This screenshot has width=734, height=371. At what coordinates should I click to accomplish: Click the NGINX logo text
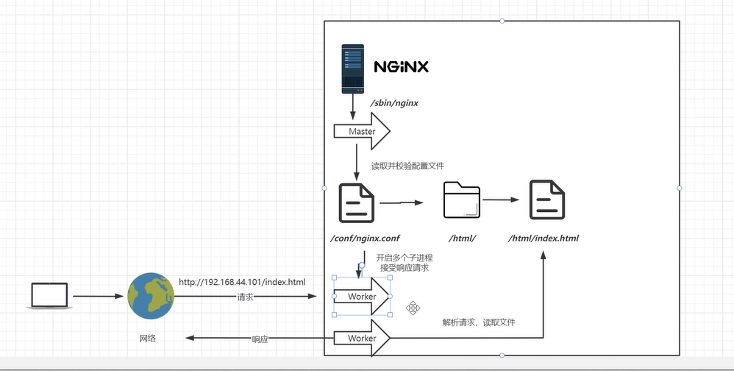(x=401, y=67)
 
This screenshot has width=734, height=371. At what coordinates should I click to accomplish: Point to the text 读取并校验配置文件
(x=407, y=166)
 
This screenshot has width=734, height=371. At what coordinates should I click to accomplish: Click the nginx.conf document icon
(x=356, y=202)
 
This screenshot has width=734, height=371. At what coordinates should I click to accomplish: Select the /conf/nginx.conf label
(x=366, y=239)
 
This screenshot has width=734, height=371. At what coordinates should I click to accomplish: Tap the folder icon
(x=462, y=200)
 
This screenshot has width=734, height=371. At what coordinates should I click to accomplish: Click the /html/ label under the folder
(x=463, y=239)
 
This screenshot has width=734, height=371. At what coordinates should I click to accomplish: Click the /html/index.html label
(x=544, y=239)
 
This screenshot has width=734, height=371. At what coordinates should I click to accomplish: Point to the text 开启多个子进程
(x=405, y=258)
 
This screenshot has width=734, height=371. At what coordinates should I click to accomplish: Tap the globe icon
(x=151, y=296)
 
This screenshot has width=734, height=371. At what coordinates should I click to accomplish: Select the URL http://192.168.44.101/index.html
(x=241, y=282)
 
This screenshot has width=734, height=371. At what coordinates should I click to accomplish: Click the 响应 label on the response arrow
(x=260, y=339)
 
